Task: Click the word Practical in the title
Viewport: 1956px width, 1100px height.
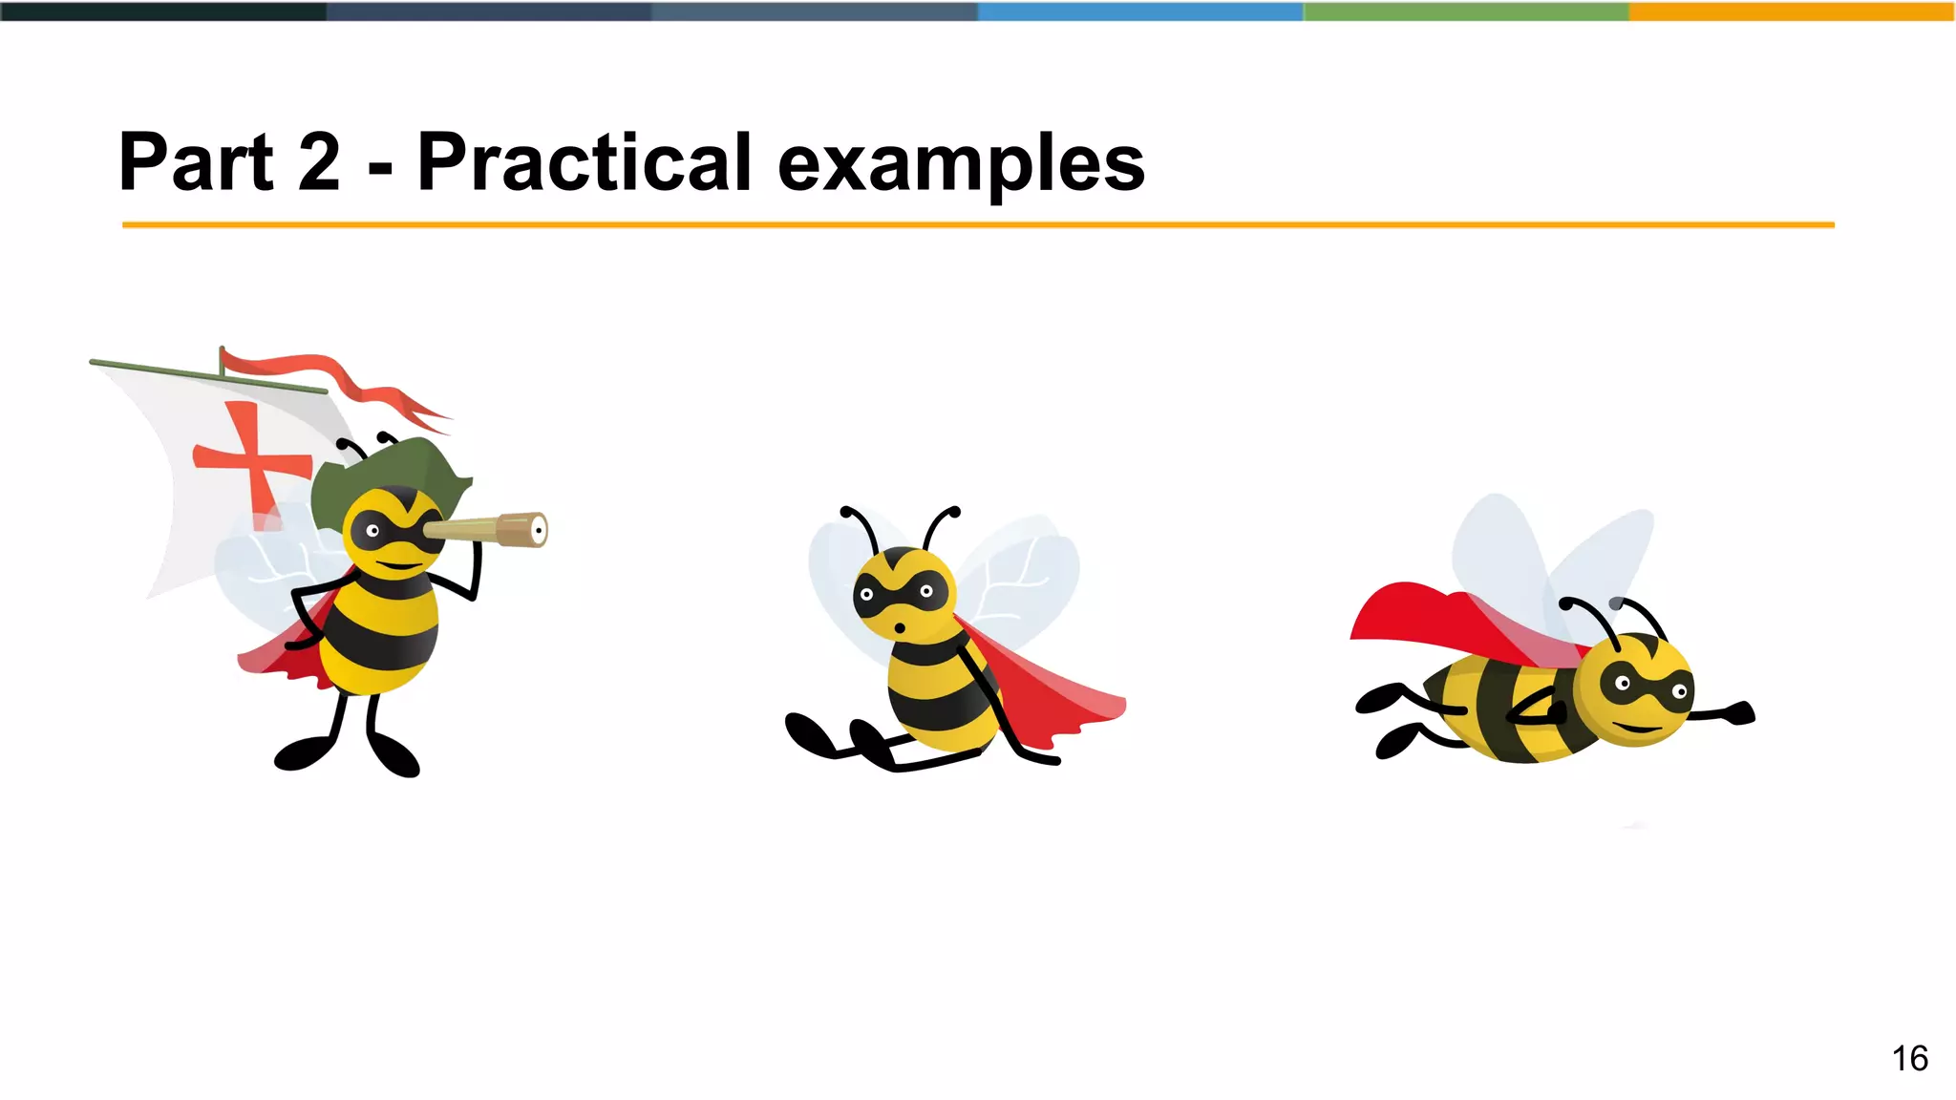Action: click(x=585, y=162)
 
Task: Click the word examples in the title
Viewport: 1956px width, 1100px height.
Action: click(x=961, y=164)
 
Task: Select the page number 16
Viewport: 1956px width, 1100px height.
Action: click(x=1909, y=1058)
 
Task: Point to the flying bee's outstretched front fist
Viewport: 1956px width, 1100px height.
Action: click(x=1740, y=713)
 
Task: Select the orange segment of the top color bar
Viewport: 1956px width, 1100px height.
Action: click(x=1791, y=11)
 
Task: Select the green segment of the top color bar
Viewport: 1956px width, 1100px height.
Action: click(x=1466, y=11)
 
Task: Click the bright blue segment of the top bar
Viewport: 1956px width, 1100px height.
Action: click(x=1140, y=11)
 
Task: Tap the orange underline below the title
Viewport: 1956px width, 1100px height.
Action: click(x=978, y=225)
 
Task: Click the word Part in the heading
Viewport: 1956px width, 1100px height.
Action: click(x=197, y=162)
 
